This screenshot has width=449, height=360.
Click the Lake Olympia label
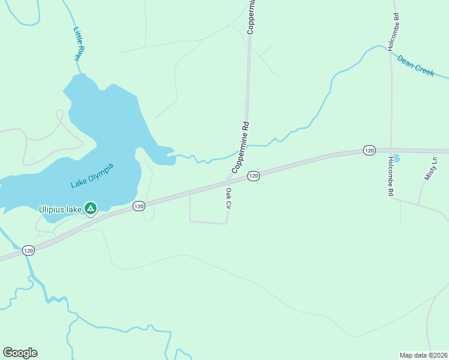click(x=92, y=175)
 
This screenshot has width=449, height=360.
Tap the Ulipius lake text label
click(x=60, y=209)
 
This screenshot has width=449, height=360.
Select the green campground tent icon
click(x=90, y=209)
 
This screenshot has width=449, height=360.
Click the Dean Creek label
click(x=415, y=65)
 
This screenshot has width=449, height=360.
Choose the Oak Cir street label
click(x=229, y=198)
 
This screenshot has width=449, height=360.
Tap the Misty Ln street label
click(x=431, y=167)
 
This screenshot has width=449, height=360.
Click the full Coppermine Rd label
click(x=240, y=148)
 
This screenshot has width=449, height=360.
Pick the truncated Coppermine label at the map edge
click(x=252, y=17)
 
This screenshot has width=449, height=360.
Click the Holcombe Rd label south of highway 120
click(x=391, y=176)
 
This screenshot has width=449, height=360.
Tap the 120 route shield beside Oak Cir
click(x=253, y=176)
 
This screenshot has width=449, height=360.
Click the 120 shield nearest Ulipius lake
click(x=139, y=206)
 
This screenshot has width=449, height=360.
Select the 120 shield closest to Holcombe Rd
click(x=369, y=149)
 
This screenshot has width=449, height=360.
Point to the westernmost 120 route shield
click(x=28, y=250)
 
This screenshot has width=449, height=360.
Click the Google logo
click(x=20, y=353)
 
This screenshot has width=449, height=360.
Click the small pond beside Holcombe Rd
click(x=396, y=158)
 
